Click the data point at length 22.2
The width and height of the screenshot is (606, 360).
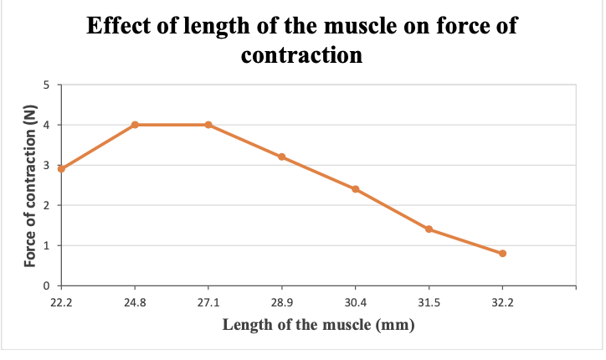tap(61, 169)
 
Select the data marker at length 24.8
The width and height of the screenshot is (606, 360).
tap(135, 125)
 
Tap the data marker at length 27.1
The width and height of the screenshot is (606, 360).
tap(208, 125)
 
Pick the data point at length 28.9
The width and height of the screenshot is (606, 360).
tap(282, 157)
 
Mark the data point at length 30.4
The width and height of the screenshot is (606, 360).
tap(356, 189)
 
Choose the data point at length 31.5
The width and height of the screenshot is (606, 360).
tap(429, 229)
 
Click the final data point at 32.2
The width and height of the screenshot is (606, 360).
tap(503, 253)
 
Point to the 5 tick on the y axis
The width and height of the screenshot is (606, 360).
tap(47, 85)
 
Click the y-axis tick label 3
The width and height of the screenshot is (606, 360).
tap(47, 165)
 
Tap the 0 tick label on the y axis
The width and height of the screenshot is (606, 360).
tap(47, 286)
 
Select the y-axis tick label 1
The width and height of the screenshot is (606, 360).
tap(47, 245)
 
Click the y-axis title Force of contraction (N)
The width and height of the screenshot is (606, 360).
tap(30, 185)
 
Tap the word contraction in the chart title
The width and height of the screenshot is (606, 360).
tap(302, 55)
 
